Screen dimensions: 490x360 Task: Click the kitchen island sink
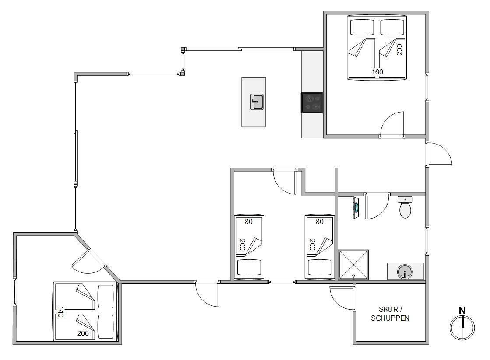[x=257, y=102]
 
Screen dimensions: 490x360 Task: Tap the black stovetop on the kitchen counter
[x=312, y=102]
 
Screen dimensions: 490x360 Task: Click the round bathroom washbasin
[x=405, y=272]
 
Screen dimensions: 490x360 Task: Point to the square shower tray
[x=353, y=265]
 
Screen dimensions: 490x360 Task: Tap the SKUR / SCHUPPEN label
[x=390, y=314]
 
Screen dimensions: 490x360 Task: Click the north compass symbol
[x=462, y=327]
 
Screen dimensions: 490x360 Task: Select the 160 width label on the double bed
[x=377, y=72]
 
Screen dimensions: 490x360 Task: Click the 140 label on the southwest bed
[x=60, y=312]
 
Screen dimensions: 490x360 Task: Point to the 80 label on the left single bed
[x=248, y=222]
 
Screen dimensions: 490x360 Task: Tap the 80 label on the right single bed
[x=319, y=222]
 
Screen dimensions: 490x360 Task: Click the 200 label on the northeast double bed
[x=399, y=49]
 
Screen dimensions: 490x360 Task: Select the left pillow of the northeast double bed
[x=362, y=28]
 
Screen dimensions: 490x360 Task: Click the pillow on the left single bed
[x=249, y=268]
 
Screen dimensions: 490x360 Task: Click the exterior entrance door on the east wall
[x=439, y=154]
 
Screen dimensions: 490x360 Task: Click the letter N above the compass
[x=462, y=311]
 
